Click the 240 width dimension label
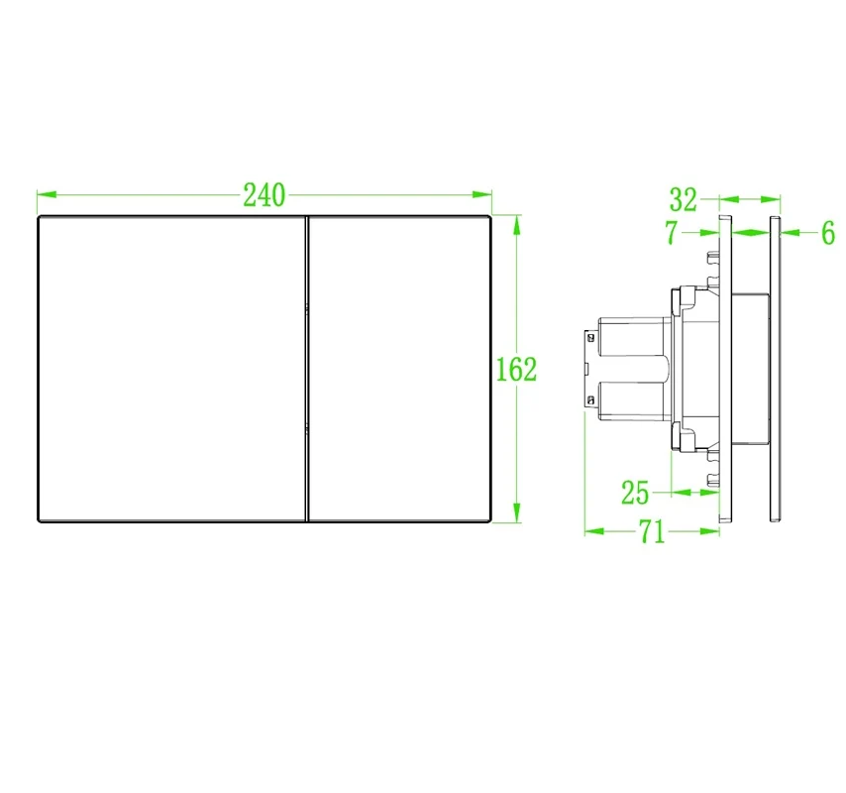[x=264, y=195]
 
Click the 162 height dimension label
[x=516, y=369]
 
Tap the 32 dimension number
[x=684, y=199]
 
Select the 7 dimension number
[x=672, y=233]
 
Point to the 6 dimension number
[x=828, y=233]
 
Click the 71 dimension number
[x=652, y=531]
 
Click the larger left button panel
[x=172, y=369]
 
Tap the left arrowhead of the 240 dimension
[x=47, y=194]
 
